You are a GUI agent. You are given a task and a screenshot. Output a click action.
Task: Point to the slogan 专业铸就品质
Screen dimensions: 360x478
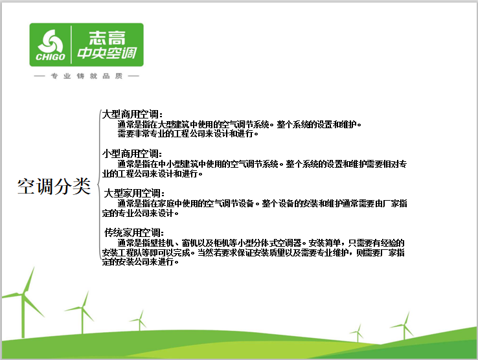[x=87, y=76]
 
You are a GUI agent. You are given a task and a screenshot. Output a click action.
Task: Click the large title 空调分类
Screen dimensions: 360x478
[x=54, y=186]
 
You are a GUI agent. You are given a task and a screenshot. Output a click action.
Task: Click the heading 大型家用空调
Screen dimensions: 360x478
[x=135, y=193]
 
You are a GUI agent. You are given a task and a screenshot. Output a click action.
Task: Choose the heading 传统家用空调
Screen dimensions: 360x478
[x=135, y=232]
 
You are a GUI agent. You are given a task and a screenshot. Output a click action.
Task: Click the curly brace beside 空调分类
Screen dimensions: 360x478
[x=98, y=188]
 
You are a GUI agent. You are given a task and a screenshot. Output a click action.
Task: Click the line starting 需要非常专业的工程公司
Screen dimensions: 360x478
[x=188, y=134]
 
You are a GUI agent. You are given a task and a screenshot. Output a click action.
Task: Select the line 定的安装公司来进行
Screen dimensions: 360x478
[x=139, y=262]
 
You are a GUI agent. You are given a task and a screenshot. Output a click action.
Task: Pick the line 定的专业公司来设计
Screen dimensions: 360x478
[x=139, y=213]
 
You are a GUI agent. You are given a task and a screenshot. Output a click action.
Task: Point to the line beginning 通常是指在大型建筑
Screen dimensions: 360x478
[x=239, y=124]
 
